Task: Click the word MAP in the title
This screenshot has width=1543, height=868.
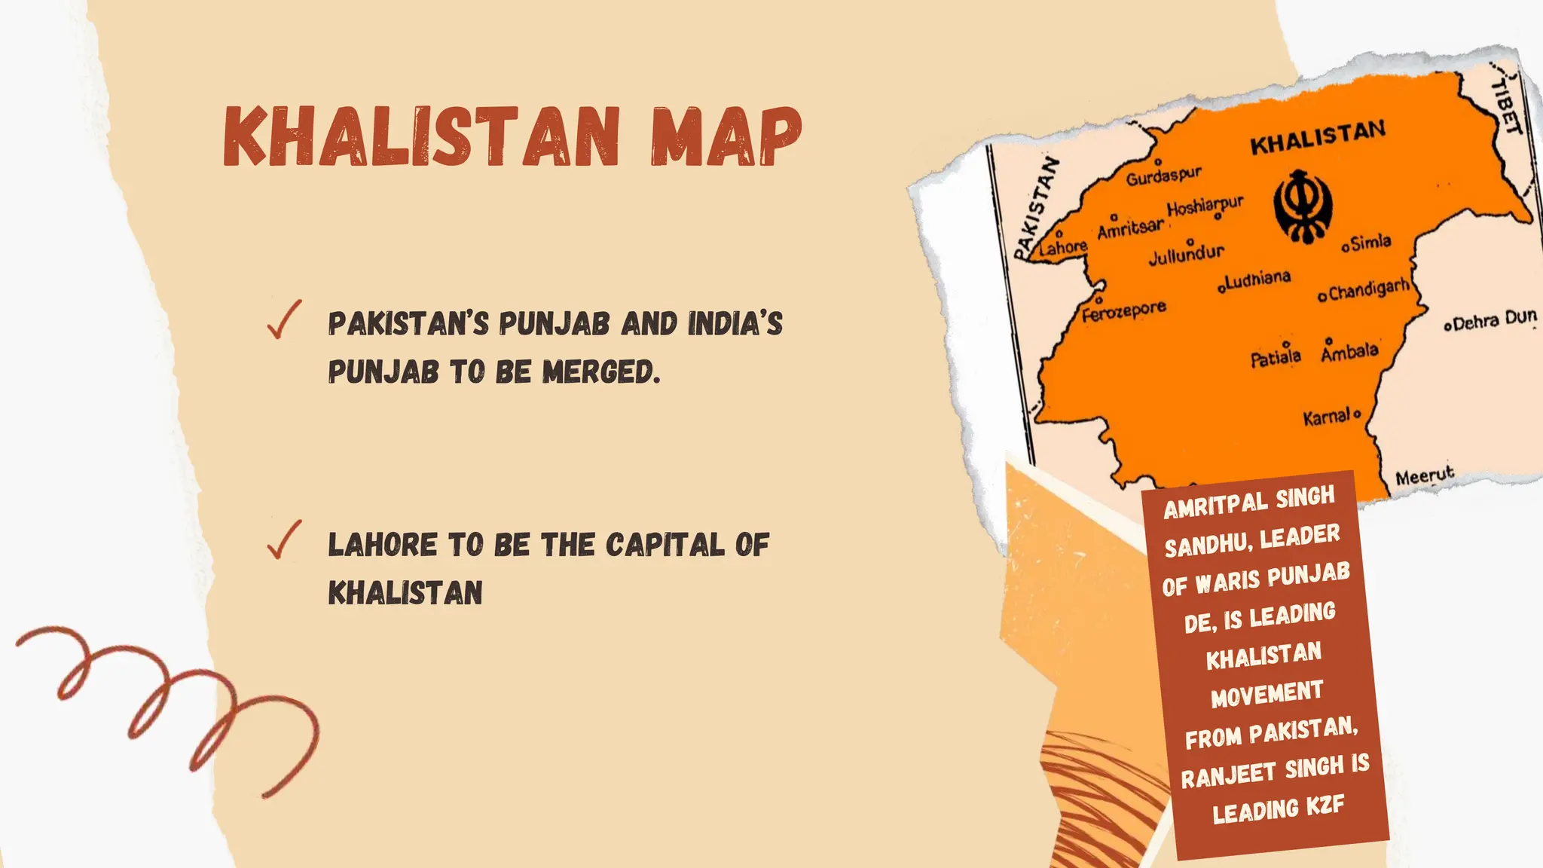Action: coord(726,136)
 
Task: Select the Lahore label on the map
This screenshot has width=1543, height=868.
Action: coord(1063,246)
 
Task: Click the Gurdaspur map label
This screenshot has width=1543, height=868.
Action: coord(1163,176)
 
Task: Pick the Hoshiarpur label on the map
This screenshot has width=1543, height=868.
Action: coord(1205,206)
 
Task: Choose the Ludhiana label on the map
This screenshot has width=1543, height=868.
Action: coord(1257,280)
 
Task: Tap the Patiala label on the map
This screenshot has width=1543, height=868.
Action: coord(1276,357)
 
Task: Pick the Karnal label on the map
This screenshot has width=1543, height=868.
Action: coord(1328,416)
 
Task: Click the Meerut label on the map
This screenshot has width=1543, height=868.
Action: coord(1424,476)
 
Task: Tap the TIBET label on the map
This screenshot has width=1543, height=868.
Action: coord(1506,105)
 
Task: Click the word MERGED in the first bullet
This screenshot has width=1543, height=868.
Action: coord(600,371)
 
